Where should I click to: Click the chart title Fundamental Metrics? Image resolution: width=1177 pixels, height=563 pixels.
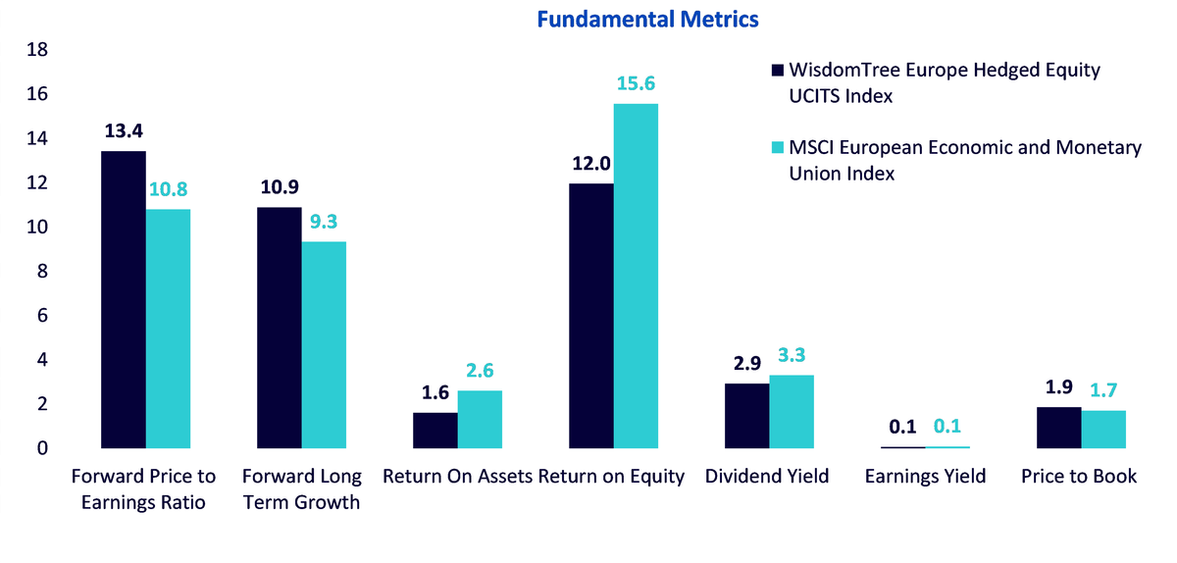(647, 20)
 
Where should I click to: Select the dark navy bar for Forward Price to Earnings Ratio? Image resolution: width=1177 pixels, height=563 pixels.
(124, 299)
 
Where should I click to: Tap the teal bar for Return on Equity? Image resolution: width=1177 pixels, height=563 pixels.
(636, 276)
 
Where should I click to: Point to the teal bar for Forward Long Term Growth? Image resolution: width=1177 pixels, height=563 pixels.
(324, 345)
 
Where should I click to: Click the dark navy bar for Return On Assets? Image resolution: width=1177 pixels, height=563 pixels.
(435, 431)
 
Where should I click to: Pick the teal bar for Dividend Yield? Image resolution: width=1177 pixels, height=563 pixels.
(792, 412)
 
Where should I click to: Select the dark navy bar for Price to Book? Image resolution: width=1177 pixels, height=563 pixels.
(1058, 428)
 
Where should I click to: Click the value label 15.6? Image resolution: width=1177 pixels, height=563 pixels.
(636, 83)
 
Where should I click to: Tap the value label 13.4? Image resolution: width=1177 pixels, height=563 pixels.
(124, 130)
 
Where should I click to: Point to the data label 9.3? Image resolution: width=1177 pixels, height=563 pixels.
(324, 222)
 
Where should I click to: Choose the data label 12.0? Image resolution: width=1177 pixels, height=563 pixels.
(591, 164)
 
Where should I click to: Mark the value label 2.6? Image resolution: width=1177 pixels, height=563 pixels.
(480, 371)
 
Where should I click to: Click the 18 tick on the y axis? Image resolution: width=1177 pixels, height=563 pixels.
(37, 50)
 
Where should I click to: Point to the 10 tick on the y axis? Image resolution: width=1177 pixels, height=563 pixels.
(37, 228)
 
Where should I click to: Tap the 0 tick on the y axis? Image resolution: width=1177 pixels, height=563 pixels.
(42, 448)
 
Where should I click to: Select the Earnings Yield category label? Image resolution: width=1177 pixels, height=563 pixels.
(925, 477)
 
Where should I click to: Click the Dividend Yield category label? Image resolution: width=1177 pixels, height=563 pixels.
(767, 477)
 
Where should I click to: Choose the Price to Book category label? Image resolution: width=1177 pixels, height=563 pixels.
(1079, 477)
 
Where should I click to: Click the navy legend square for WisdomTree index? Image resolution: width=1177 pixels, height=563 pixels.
(778, 70)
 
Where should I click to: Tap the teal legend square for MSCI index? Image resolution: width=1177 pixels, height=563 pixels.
(778, 147)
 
